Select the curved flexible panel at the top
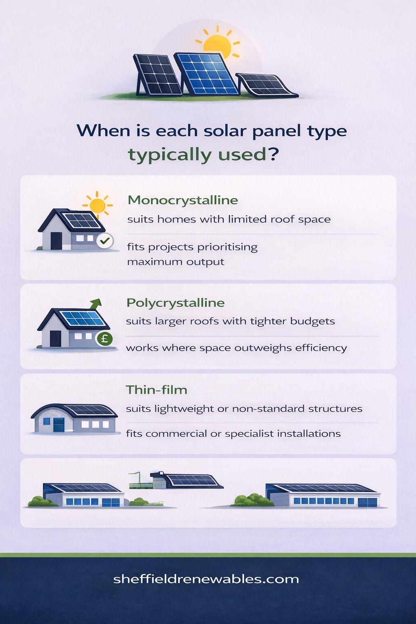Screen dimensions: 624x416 tap(266, 84)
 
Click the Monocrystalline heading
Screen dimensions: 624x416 tap(183, 200)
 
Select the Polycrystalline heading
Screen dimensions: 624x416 tap(175, 303)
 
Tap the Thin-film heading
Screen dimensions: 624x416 tap(156, 390)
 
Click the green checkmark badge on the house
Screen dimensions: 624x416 tap(105, 241)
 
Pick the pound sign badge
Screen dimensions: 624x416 tap(104, 338)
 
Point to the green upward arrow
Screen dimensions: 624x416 tap(96, 303)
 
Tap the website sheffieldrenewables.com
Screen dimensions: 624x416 tap(206, 579)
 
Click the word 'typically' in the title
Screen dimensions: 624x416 tap(170, 155)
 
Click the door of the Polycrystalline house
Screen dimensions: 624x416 tap(55, 338)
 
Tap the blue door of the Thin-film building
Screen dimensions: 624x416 tap(58, 425)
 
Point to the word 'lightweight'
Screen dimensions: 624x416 tap(184, 409)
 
